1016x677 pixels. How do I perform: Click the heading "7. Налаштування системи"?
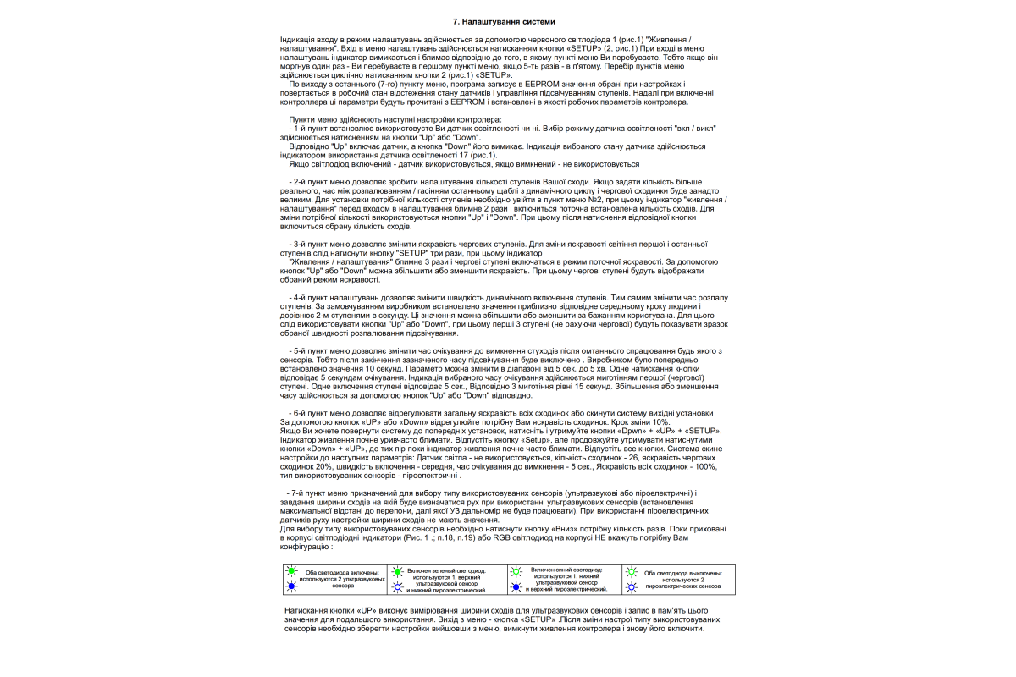(x=505, y=20)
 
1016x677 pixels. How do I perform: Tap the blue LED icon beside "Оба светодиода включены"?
(x=291, y=586)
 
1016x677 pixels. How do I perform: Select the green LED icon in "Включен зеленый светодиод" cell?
(x=399, y=572)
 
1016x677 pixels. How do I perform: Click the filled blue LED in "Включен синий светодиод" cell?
(x=515, y=586)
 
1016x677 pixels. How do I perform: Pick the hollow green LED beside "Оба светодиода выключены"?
(x=630, y=572)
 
